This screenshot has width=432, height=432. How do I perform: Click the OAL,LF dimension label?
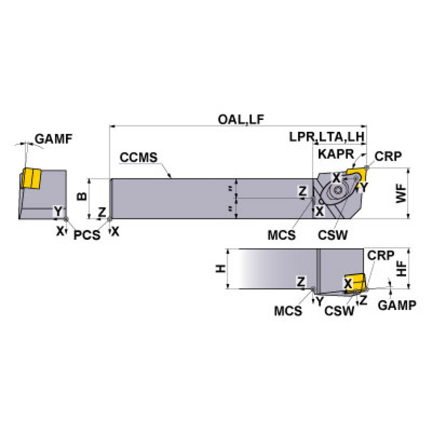[241, 119]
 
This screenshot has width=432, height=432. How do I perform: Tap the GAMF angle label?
[54, 139]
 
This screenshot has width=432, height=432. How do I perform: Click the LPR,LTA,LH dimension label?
[327, 137]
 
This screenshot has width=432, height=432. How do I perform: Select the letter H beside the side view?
[221, 269]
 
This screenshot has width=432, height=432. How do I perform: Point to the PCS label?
[87, 235]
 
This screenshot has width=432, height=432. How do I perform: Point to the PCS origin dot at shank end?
[109, 219]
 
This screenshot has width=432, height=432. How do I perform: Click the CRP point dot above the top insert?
[367, 167]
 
